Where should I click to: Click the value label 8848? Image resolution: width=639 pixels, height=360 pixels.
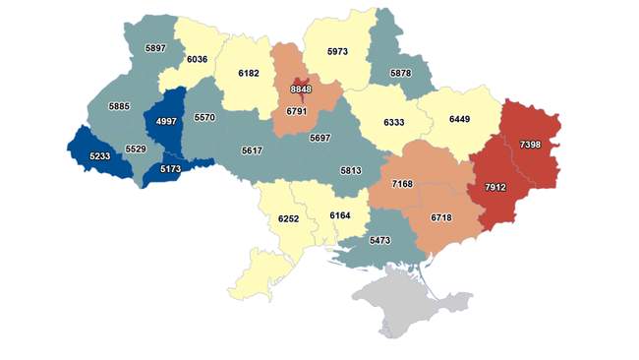coord(301,89)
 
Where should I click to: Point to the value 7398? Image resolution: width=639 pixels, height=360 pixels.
coord(529,145)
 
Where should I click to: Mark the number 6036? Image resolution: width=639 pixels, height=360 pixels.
coord(198,59)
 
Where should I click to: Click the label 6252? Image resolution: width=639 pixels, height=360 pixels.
coord(287,217)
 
